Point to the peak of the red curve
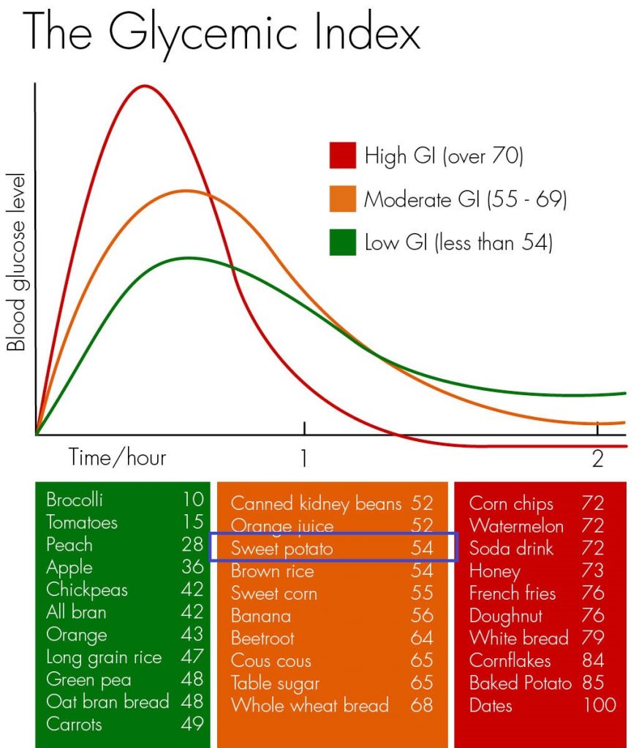pyautogui.click(x=145, y=86)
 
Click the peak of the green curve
pyautogui.click(x=189, y=258)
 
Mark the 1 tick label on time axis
pyautogui.click(x=303, y=458)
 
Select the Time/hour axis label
pyautogui.click(x=118, y=457)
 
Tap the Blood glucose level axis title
pyautogui.click(x=16, y=263)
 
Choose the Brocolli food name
pyautogui.click(x=75, y=500)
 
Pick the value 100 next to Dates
pyautogui.click(x=600, y=705)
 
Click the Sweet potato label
pyautogui.click(x=281, y=549)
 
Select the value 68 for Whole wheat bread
pyautogui.click(x=421, y=706)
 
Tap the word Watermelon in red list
pyautogui.click(x=516, y=526)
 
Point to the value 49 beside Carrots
pyautogui.click(x=192, y=724)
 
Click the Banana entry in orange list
pyautogui.click(x=260, y=616)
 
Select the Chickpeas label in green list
pyautogui.click(x=77, y=589)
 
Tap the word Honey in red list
pyautogui.click(x=494, y=570)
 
